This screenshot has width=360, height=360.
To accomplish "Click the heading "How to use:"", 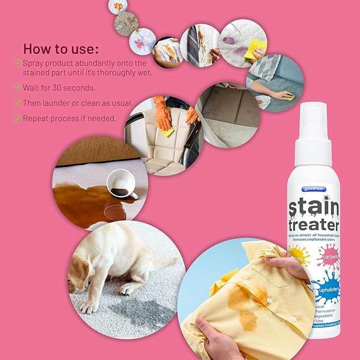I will tap(60, 49).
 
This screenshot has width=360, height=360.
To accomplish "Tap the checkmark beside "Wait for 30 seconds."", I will tap(17, 87).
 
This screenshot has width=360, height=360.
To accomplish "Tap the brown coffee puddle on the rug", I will tap(85, 202).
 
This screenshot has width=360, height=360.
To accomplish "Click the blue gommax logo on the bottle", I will tap(314, 189).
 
